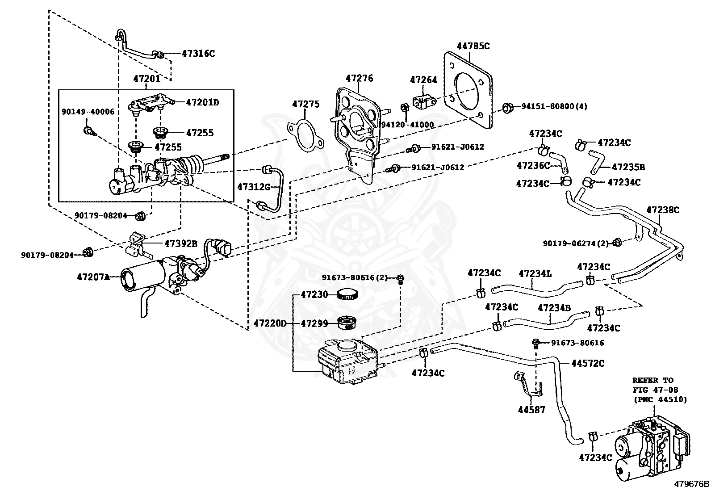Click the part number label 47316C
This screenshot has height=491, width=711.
[198, 54]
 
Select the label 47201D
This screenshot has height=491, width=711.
[202, 103]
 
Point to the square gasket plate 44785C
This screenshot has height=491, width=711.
[468, 90]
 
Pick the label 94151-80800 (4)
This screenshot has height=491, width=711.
[554, 106]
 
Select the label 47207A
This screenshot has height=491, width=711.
[93, 277]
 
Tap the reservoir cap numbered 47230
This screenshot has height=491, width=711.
[348, 294]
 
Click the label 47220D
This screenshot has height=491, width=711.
[270, 323]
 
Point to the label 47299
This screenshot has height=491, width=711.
[314, 323]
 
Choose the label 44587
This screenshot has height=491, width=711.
[531, 410]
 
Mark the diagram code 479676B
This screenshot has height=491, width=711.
[692, 484]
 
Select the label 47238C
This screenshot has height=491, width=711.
[663, 210]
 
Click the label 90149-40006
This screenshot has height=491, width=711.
[88, 112]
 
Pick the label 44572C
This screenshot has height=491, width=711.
[588, 363]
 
